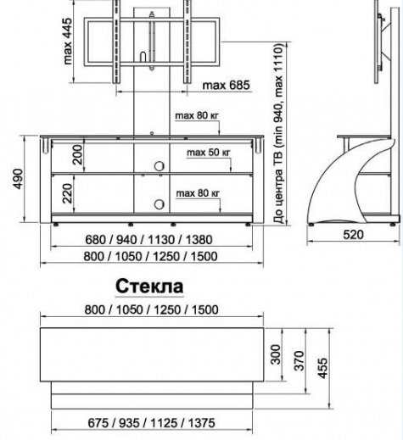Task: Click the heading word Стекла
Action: click(149, 286)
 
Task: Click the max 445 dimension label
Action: click(68, 42)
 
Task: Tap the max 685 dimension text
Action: click(227, 85)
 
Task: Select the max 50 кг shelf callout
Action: click(209, 153)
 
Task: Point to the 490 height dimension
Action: click(18, 179)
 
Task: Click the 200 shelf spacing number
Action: click(78, 155)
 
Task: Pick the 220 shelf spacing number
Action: click(68, 193)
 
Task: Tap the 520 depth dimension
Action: click(353, 235)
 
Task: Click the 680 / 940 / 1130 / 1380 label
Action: click(148, 240)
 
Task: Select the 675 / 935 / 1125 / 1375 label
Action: click(151, 423)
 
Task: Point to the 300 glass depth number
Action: click(276, 354)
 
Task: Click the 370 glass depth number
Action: click(299, 360)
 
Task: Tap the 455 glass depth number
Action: click(322, 368)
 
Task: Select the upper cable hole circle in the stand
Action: click(160, 166)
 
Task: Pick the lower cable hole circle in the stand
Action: click(160, 204)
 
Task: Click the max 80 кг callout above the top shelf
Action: click(197, 116)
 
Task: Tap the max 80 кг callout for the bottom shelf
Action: click(198, 193)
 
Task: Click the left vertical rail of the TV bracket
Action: click(116, 42)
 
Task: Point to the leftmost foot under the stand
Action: click(56, 225)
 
